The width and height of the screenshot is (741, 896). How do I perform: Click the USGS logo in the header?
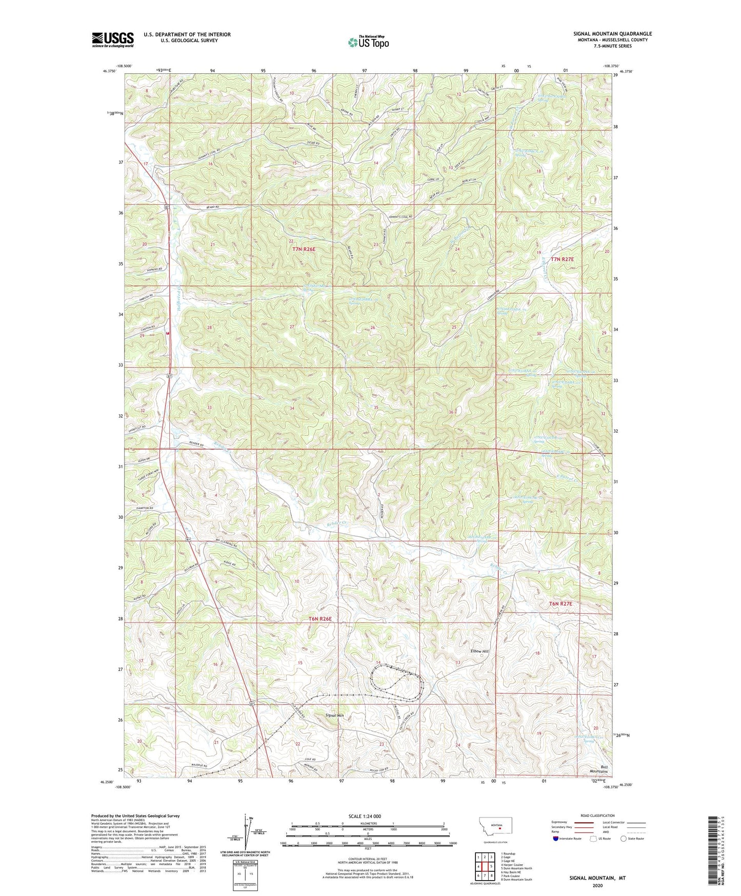click(113, 39)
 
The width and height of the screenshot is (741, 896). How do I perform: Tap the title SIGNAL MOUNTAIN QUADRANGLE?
click(612, 34)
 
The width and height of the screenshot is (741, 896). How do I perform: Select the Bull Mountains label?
click(597, 769)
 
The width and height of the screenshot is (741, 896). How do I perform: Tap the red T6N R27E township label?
click(560, 604)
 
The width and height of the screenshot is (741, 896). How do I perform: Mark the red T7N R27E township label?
click(562, 260)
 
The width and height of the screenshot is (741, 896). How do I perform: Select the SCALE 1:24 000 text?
click(367, 816)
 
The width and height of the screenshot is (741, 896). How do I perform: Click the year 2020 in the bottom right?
click(597, 885)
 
